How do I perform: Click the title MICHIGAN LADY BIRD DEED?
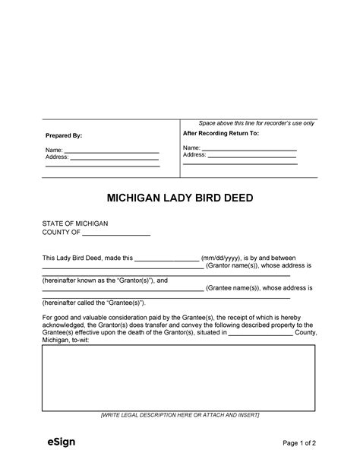pyautogui.click(x=180, y=198)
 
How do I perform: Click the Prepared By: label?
pyautogui.click(x=64, y=135)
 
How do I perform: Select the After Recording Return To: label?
pyautogui.click(x=221, y=133)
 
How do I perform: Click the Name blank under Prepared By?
pyautogui.click(x=111, y=151)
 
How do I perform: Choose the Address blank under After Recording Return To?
pyautogui.click(x=252, y=155)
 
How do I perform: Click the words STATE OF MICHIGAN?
pyautogui.click(x=75, y=223)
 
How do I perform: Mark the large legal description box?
pyautogui.click(x=178, y=378)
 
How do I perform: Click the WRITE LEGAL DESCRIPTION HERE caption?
pyautogui.click(x=180, y=415)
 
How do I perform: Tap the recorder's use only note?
pyautogui.click(x=257, y=123)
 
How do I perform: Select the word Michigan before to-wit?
pyautogui.click(x=55, y=341)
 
